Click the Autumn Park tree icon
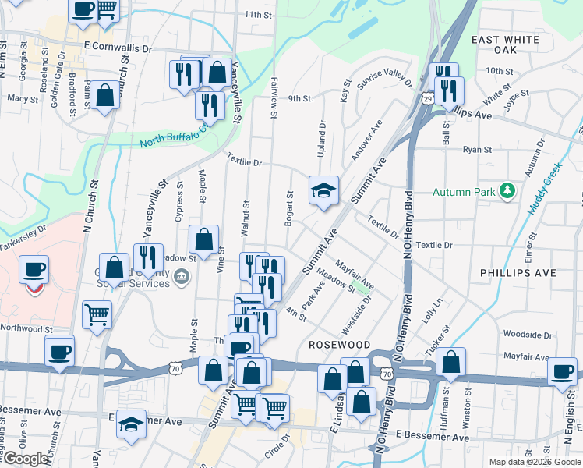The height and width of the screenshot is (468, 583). pos(508,190)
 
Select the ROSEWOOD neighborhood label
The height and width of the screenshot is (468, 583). pos(339,344)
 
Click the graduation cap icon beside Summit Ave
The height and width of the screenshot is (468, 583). pos(323,190)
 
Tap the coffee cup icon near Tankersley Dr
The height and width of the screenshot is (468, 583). pos(34,270)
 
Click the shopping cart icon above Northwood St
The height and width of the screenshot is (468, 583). pos(97,314)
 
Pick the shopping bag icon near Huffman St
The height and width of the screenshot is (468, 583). pos(450,362)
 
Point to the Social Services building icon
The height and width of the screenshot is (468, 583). pos(182,275)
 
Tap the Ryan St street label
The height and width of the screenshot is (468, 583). pos(477,150)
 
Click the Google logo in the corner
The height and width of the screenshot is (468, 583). pos(25,459)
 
